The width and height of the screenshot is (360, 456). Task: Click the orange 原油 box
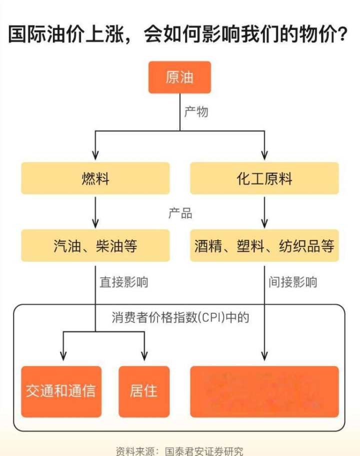click(179, 77)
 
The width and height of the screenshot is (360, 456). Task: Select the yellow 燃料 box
click(95, 178)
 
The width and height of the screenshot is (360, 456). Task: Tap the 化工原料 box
click(264, 178)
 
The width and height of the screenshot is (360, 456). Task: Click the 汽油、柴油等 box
click(95, 246)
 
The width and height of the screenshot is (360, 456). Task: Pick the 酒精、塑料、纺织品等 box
click(264, 246)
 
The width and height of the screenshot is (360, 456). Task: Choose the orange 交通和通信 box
click(61, 391)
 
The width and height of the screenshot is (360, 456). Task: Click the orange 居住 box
click(144, 391)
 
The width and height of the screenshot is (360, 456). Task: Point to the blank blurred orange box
click(264, 391)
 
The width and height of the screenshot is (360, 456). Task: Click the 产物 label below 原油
click(196, 111)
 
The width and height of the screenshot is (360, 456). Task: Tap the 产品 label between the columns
click(180, 213)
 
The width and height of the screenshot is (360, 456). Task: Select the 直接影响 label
click(123, 282)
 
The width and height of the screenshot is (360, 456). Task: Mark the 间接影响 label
click(292, 282)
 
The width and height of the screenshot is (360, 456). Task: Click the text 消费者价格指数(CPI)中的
click(180, 318)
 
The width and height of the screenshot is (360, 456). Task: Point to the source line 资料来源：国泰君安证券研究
click(179, 451)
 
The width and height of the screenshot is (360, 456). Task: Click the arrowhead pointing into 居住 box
click(144, 356)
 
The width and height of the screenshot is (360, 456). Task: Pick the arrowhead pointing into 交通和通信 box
click(63, 356)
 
